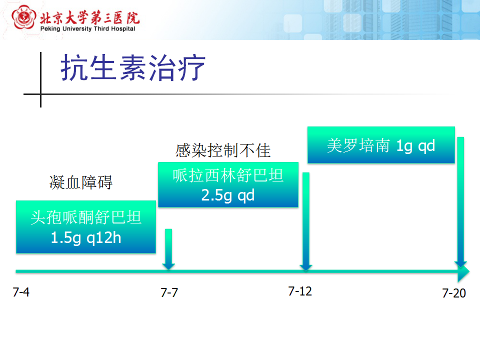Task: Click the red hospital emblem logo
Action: pos(23,17)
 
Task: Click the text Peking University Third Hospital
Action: pos(87,29)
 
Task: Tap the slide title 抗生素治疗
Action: pos(133,67)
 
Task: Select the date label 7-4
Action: pos(21,292)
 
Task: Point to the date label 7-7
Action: pos(169,292)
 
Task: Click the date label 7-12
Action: pos(300,291)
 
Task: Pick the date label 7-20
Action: pos(454,293)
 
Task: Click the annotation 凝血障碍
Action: pos(81,182)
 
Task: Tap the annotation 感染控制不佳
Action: pos(223,150)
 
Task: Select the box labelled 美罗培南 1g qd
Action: pos(381,145)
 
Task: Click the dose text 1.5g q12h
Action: pos(86,238)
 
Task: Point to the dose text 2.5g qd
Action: pos(228,195)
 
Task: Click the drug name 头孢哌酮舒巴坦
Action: pos(86,217)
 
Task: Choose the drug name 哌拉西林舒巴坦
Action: pos(228,175)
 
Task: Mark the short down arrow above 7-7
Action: pos(168,249)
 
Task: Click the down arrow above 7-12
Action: pos(306,221)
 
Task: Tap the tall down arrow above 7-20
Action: pos(460,202)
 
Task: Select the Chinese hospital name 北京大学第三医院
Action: pos(89,18)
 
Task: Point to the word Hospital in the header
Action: pos(123,29)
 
